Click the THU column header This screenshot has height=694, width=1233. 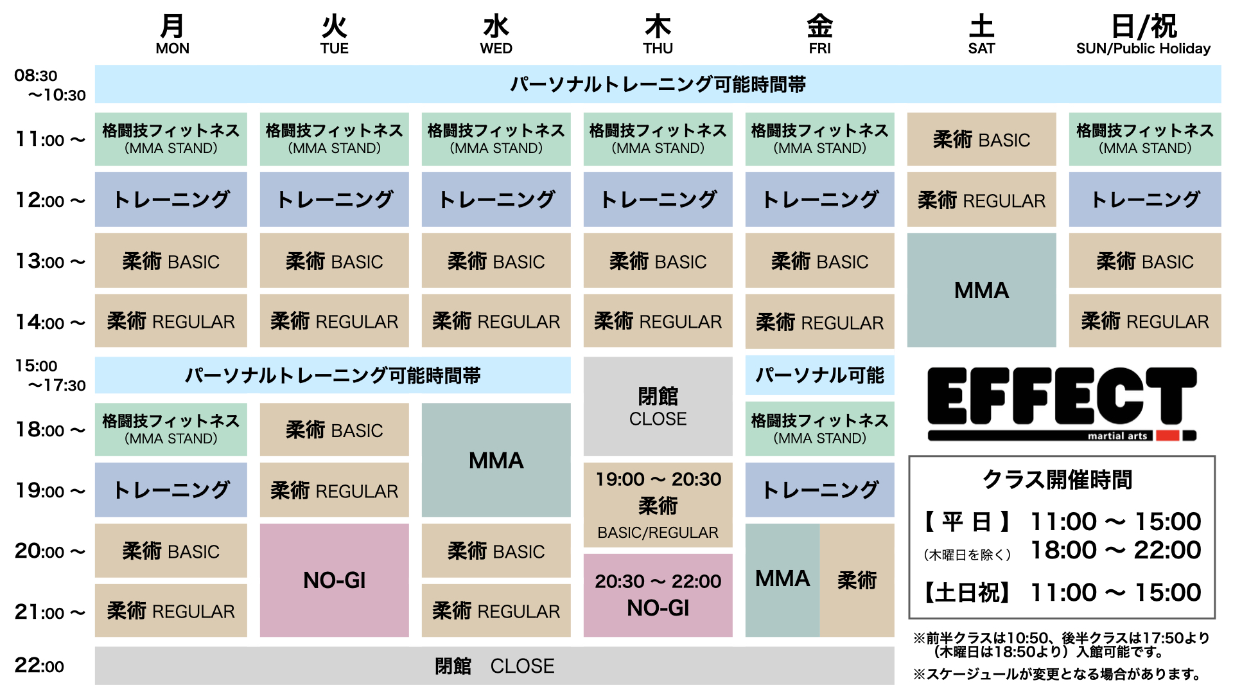coord(658,35)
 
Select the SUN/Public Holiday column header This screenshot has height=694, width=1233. coord(1143,35)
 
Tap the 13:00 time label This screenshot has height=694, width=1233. coord(49,262)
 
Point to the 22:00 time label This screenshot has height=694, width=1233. coord(39,666)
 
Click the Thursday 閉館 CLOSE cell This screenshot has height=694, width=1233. coord(658,406)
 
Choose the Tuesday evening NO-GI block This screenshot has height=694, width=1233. coord(334,580)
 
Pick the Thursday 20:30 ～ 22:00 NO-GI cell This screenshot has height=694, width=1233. coord(658,595)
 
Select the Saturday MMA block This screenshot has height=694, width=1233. coord(981,290)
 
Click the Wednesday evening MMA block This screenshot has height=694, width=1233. coord(496,460)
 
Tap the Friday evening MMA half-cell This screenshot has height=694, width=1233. coord(782,580)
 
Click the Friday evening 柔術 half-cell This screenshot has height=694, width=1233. coord(857,580)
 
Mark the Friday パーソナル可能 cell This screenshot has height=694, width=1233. coord(819,375)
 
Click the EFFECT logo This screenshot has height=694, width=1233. coord(1062,404)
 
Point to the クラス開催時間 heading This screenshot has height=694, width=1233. coord(1057,479)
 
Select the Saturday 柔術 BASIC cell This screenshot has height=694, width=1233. coord(981,139)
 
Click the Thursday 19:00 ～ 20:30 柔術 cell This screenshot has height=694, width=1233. coord(658,505)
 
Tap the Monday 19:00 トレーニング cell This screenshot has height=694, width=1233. coord(171,490)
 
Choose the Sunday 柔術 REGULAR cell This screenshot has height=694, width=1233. coord(1144,321)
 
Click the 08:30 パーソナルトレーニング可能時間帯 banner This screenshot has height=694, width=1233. coord(658,84)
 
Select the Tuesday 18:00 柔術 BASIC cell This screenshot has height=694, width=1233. coord(334,430)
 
